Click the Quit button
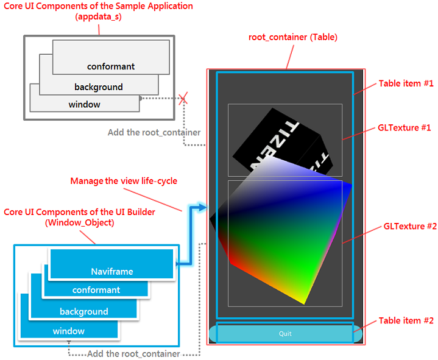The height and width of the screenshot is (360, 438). click(285, 334)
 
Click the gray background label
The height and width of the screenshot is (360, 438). click(99, 87)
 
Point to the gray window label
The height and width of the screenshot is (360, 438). click(84, 104)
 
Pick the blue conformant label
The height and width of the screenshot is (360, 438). click(96, 290)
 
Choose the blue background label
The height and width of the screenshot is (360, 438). click(83, 311)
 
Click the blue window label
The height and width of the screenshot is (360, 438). click(69, 331)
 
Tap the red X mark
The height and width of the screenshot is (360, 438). click(183, 100)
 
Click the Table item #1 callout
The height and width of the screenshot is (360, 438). click(406, 83)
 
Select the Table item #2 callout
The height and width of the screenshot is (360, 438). click(406, 320)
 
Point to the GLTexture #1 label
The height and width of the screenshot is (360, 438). click(404, 128)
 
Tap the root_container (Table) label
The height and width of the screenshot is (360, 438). click(293, 37)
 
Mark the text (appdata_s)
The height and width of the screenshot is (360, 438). click(99, 16)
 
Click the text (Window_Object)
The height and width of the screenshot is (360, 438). click(79, 222)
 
